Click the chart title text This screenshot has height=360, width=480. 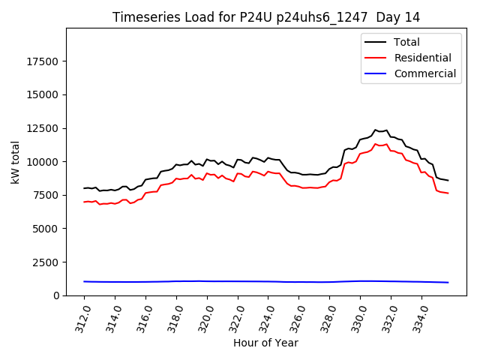pos(266,17)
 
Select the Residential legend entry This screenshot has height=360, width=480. pos(422,58)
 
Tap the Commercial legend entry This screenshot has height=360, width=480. pos(424,73)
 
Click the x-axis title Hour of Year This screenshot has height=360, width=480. pos(266,343)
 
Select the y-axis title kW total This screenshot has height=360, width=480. pos(16,162)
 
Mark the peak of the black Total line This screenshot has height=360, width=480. pos(376,130)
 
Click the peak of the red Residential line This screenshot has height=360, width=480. pos(376,144)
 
